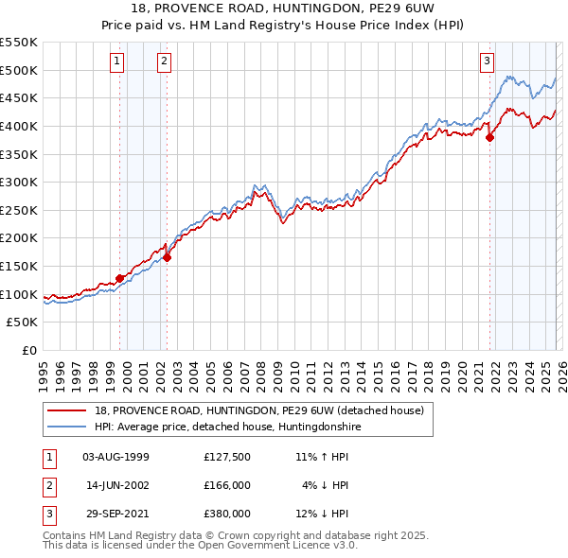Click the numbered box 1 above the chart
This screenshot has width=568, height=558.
point(116,62)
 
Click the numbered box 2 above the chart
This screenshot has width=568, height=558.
point(164,62)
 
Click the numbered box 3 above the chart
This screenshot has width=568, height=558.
point(488,62)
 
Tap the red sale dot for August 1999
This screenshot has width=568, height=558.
point(119,278)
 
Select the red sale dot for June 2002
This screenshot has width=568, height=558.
point(167,256)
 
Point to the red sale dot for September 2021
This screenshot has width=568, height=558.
point(490,137)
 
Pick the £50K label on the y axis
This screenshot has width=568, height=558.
point(23,323)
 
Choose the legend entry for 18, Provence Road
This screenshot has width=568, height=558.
point(264,410)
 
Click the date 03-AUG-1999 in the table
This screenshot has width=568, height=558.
point(116,457)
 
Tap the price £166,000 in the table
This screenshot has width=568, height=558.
point(227,485)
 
